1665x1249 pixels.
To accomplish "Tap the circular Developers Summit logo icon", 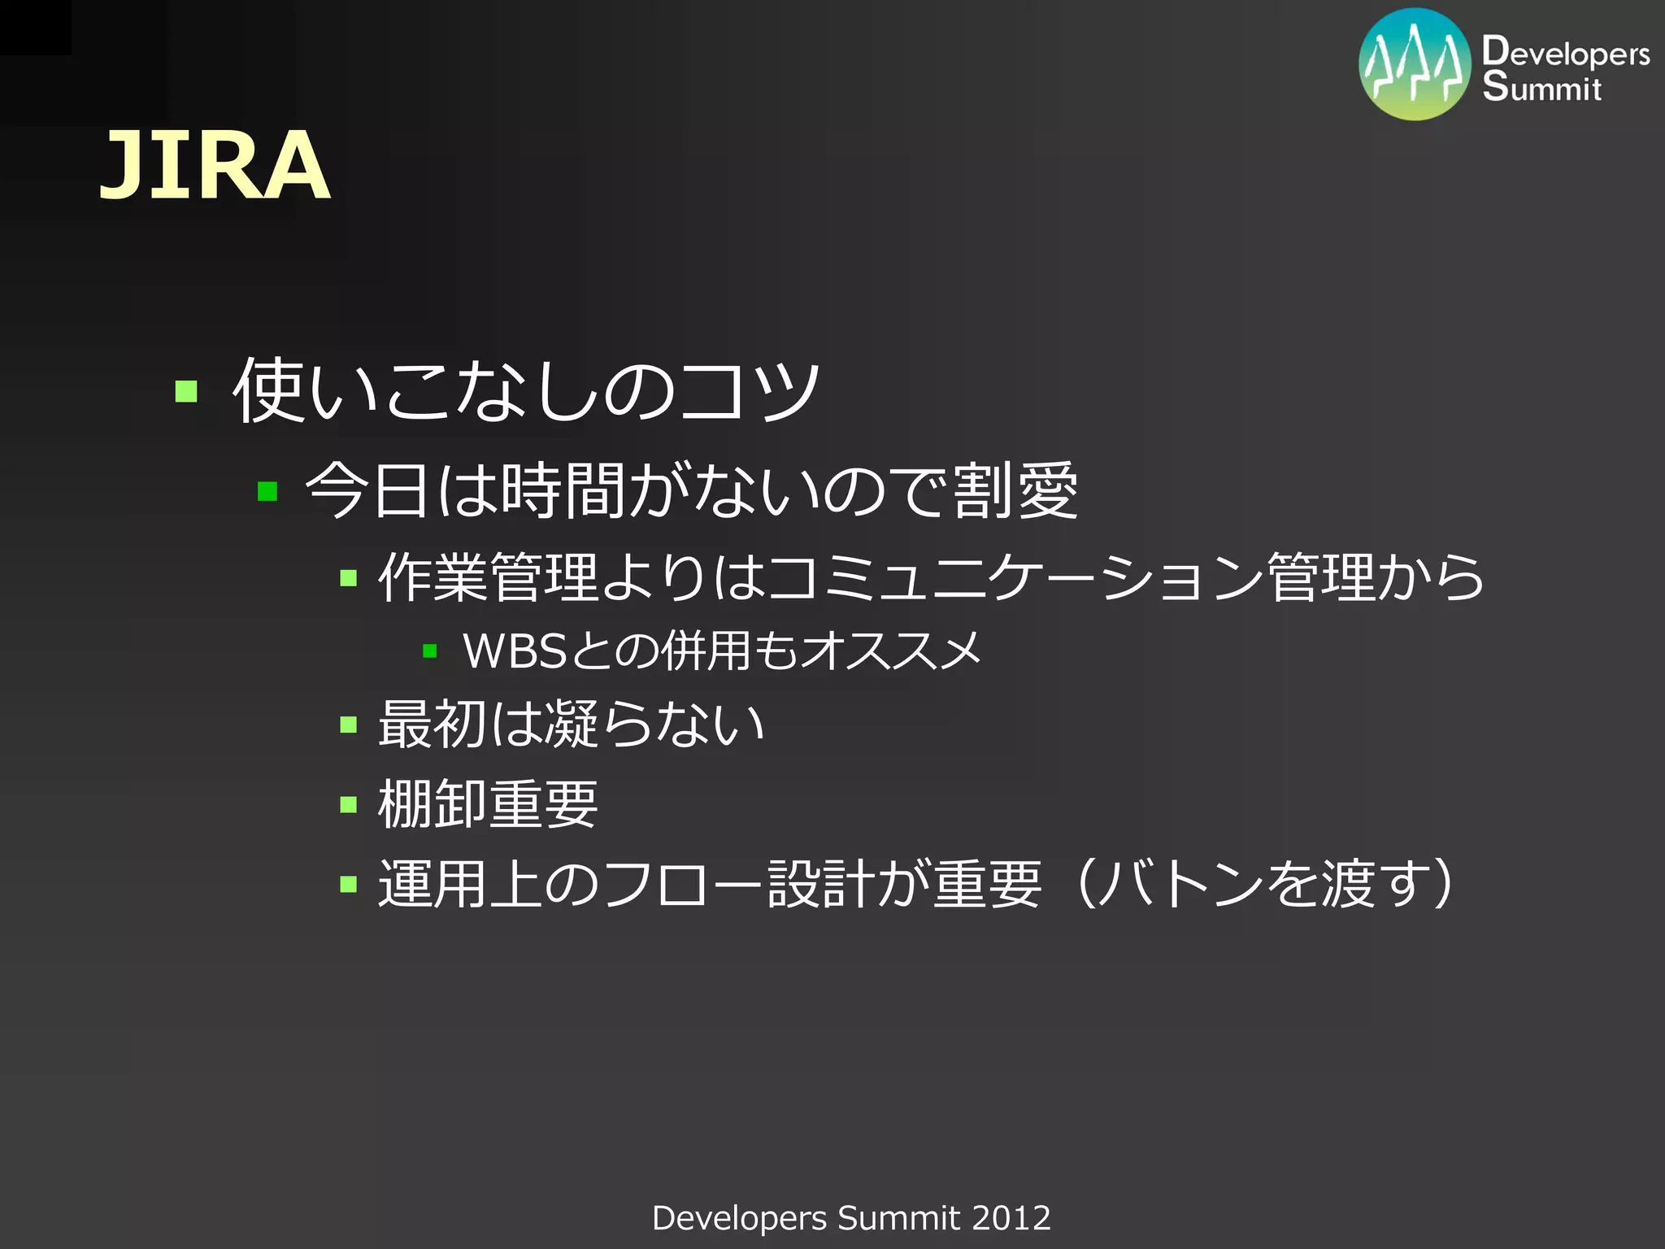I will click(x=1415, y=65).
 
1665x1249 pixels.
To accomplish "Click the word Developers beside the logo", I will click(x=1566, y=52).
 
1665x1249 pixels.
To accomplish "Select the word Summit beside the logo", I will click(x=1541, y=86).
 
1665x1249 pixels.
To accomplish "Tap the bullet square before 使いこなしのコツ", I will click(x=186, y=392).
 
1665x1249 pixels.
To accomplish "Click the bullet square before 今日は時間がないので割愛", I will click(x=267, y=491).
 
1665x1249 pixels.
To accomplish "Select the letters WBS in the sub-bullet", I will click(x=514, y=651).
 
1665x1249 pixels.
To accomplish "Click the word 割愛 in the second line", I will click(x=1015, y=490).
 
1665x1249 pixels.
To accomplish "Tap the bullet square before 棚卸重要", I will click(x=349, y=804).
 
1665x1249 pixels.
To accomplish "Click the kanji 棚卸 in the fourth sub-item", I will click(x=433, y=804).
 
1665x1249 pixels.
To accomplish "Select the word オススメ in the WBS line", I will click(x=890, y=651).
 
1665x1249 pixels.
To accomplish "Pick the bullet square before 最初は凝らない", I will click(x=349, y=724).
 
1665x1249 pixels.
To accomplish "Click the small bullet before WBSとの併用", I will click(x=430, y=651).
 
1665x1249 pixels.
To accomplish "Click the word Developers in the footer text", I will click(x=739, y=1218).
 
